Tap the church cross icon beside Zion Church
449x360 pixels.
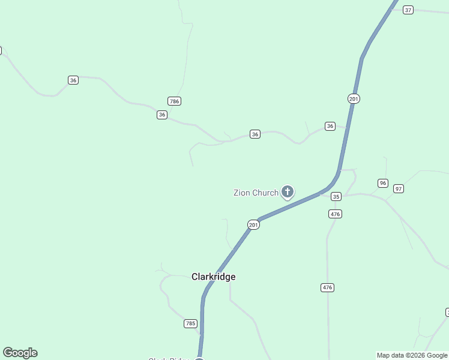[x=288, y=191]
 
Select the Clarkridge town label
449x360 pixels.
[x=213, y=277]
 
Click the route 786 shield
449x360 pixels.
[x=174, y=101]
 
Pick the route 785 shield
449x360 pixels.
[x=190, y=323]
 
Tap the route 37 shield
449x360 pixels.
[x=408, y=10]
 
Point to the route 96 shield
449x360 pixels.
[x=383, y=183]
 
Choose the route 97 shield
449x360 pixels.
[x=399, y=188]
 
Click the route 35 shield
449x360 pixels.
[x=336, y=196]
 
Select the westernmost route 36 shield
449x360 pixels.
[x=73, y=80]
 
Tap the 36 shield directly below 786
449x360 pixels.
[x=162, y=115]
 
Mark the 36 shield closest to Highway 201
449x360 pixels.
[x=330, y=126]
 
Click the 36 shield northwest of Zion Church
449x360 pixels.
[x=255, y=134]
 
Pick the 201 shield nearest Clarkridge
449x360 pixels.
[x=253, y=224]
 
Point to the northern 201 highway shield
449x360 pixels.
[x=354, y=98]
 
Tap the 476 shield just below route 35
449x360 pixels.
[x=335, y=214]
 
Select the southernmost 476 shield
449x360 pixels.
[x=327, y=288]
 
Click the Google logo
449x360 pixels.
[x=20, y=353]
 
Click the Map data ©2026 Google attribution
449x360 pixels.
[x=412, y=355]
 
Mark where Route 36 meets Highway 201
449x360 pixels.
[x=348, y=127]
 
